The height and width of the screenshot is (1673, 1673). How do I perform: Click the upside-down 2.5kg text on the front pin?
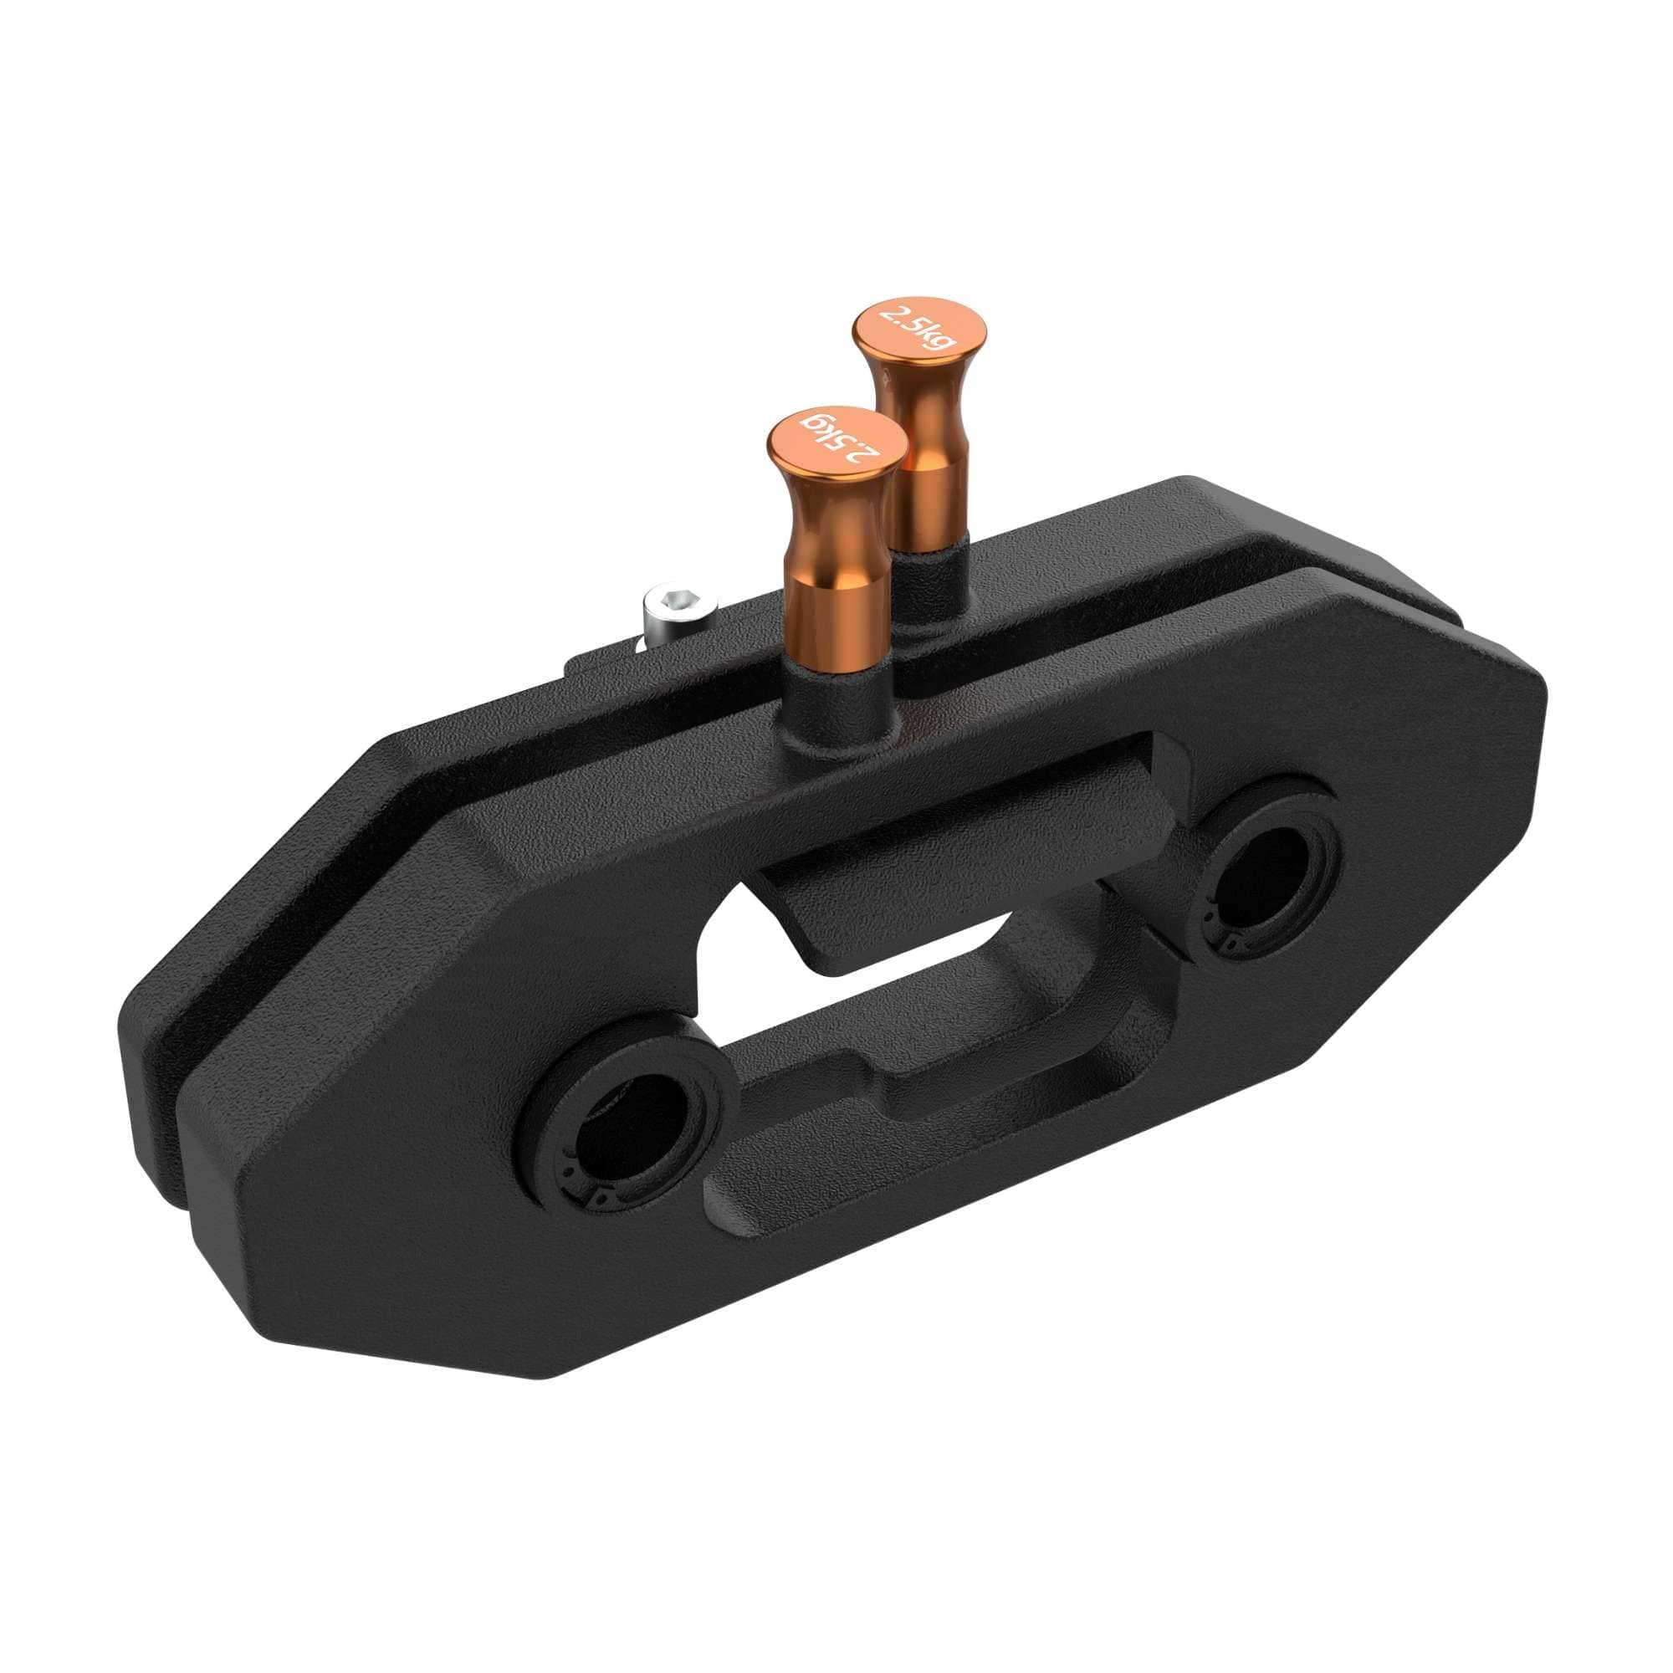pos(836,440)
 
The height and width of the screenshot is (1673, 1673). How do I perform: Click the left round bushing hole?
pos(626,1118)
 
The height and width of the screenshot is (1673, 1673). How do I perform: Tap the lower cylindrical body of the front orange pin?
pos(832,615)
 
